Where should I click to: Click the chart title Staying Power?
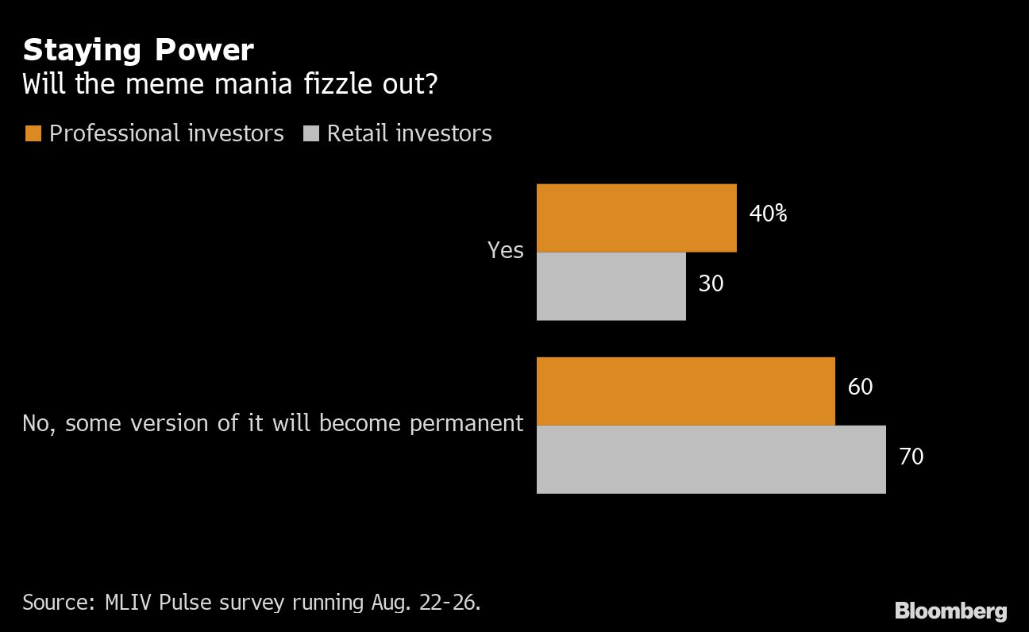tap(138, 50)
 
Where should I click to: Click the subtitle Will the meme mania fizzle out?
tap(229, 84)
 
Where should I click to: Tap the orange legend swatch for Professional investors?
tap(33, 133)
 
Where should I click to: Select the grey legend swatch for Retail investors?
tap(310, 133)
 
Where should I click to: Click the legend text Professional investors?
tap(166, 133)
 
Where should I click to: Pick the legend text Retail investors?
tap(409, 133)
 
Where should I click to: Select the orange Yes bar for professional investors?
tap(636, 218)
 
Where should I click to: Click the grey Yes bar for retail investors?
tap(611, 287)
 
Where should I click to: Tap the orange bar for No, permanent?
tap(685, 391)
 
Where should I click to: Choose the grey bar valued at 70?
tap(711, 459)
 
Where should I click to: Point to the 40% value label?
tap(768, 214)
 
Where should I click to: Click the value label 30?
tap(711, 283)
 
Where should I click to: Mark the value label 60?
tap(860, 387)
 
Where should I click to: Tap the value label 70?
tap(911, 457)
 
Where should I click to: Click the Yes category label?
tap(505, 251)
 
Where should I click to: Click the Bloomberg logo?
tap(950, 611)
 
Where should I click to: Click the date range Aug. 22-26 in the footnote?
tap(425, 602)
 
